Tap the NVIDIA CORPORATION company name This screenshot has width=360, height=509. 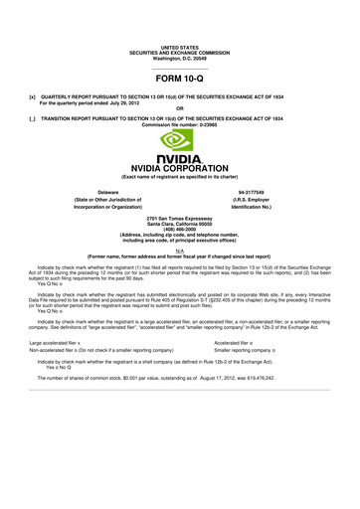[179, 168]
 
